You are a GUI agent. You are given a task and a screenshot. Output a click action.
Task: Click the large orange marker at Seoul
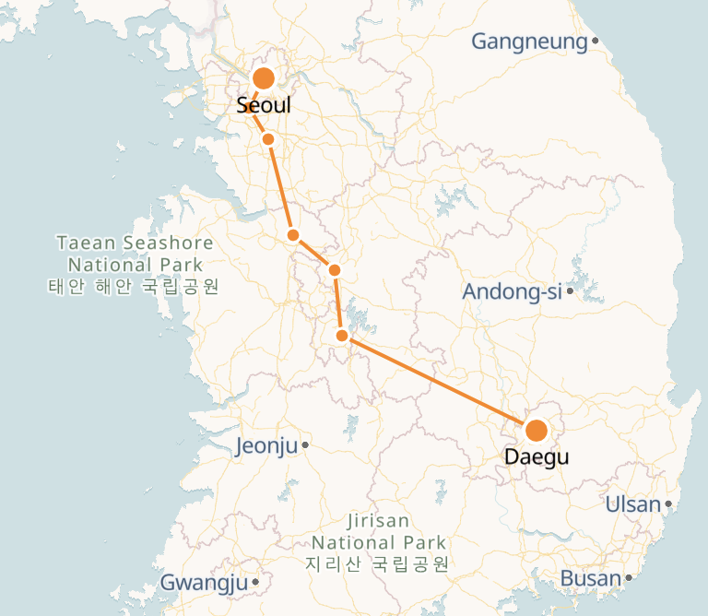tap(264, 78)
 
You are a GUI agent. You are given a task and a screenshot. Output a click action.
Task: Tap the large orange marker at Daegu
tap(536, 431)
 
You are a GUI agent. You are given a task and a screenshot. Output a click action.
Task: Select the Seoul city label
tap(264, 105)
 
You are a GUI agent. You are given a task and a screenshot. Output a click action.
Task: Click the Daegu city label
tap(537, 456)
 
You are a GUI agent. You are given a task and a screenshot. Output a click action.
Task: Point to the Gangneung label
tap(529, 41)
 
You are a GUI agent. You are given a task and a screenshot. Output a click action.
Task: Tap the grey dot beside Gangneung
tap(596, 41)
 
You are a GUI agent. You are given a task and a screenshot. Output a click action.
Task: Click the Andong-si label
tap(512, 292)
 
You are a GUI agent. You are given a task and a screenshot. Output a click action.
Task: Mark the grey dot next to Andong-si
tap(571, 291)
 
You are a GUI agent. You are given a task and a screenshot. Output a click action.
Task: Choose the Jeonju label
tap(267, 446)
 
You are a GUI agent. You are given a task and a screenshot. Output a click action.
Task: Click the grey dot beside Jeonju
tap(305, 445)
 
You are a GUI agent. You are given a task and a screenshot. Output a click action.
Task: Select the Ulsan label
tap(633, 504)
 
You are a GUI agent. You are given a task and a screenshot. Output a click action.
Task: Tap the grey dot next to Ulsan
tap(668, 504)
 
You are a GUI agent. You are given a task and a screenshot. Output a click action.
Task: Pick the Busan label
tap(591, 579)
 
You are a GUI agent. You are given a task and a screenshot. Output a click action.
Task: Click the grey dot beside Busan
tap(630, 578)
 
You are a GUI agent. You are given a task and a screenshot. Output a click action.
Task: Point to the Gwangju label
tap(204, 583)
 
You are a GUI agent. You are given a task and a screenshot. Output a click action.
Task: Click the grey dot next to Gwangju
tap(254, 582)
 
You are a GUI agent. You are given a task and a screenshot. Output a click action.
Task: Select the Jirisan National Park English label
tap(379, 532)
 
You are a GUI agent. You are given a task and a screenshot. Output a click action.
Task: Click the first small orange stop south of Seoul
tap(268, 139)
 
